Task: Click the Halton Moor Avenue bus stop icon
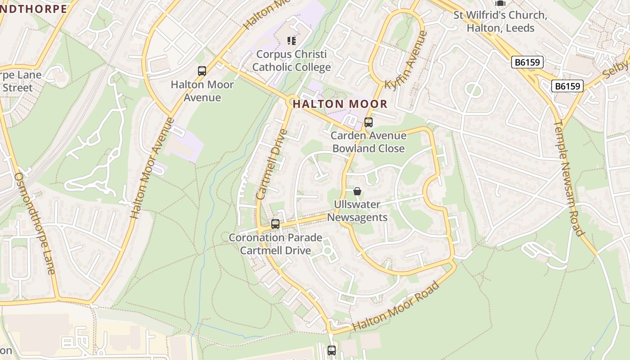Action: pyautogui.click(x=202, y=71)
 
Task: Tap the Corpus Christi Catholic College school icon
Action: pyautogui.click(x=292, y=41)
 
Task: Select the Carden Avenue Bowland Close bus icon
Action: pyautogui.click(x=369, y=122)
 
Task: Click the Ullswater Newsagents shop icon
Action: pyautogui.click(x=357, y=191)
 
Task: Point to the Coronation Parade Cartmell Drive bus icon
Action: pyautogui.click(x=275, y=224)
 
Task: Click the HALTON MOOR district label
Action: pyautogui.click(x=340, y=104)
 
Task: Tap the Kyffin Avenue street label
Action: pyautogui.click(x=405, y=60)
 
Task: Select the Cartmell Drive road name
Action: pyautogui.click(x=271, y=165)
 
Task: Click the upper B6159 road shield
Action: pyautogui.click(x=527, y=62)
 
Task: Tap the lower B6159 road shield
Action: pyautogui.click(x=567, y=85)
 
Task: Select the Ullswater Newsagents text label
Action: pyautogui.click(x=357, y=211)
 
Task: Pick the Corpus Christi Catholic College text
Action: pyautogui.click(x=291, y=61)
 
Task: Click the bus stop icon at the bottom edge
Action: pyautogui.click(x=332, y=350)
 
